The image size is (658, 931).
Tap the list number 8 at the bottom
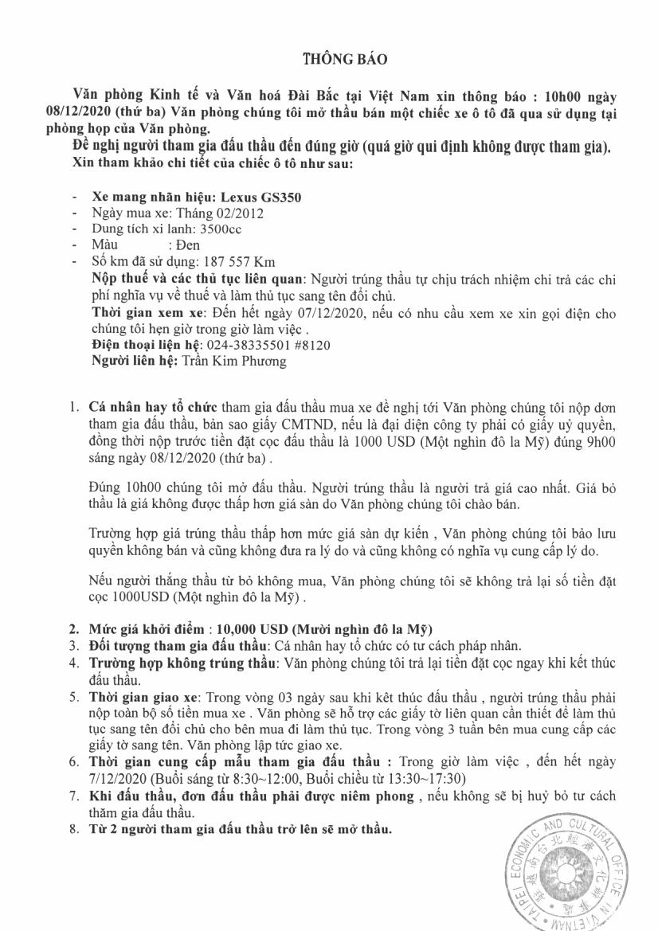pyautogui.click(x=73, y=829)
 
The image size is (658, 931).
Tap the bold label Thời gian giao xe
pyautogui.click(x=141, y=696)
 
